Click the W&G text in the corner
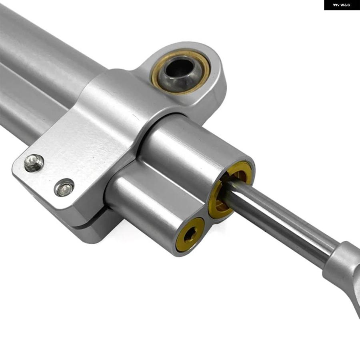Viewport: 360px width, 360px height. (345, 5)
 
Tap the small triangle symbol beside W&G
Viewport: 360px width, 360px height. (336, 5)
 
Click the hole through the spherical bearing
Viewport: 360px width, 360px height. (180, 69)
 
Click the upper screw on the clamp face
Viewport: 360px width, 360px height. (34, 163)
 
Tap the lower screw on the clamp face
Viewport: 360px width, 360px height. (64, 188)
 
